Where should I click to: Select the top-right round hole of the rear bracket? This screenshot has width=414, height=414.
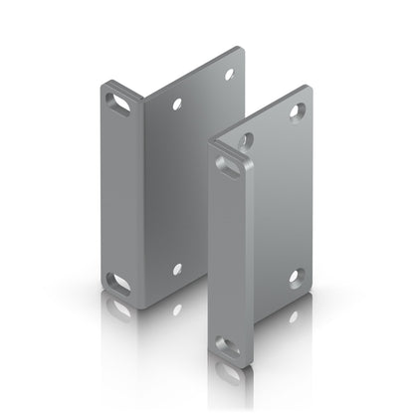coord(228,75)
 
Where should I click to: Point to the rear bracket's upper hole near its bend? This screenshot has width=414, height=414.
coord(177,103)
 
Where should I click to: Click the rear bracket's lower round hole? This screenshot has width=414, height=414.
coord(177,269)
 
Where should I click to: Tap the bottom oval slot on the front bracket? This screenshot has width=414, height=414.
coord(229,347)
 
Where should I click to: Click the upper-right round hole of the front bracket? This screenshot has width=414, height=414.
coord(296,111)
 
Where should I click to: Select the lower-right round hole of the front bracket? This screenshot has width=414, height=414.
coord(296,277)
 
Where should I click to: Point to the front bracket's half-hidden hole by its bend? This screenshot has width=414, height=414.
coord(246,140)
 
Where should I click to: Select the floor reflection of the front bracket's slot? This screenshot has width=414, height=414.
coord(229,375)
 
